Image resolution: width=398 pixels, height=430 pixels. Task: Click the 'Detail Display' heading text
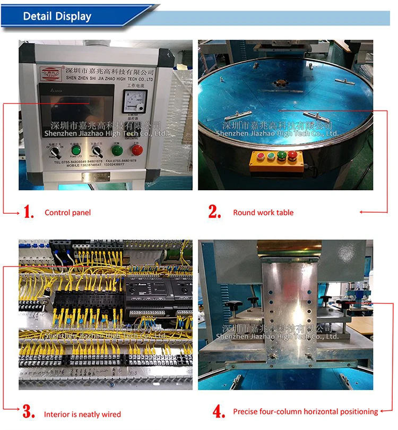[x=57, y=16]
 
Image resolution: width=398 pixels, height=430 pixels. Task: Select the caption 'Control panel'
[x=67, y=213]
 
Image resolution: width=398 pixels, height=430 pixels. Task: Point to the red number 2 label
[x=214, y=212]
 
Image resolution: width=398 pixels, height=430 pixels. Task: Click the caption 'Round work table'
[x=263, y=213]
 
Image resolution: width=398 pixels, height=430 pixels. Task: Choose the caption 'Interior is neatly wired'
[x=82, y=414]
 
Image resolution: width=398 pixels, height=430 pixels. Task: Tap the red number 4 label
[x=218, y=411]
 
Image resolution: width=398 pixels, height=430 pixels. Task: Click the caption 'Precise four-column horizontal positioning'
[x=305, y=411]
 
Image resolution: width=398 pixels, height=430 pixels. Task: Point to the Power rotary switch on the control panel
[x=54, y=152]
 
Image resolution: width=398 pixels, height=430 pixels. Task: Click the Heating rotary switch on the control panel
[x=97, y=151]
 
